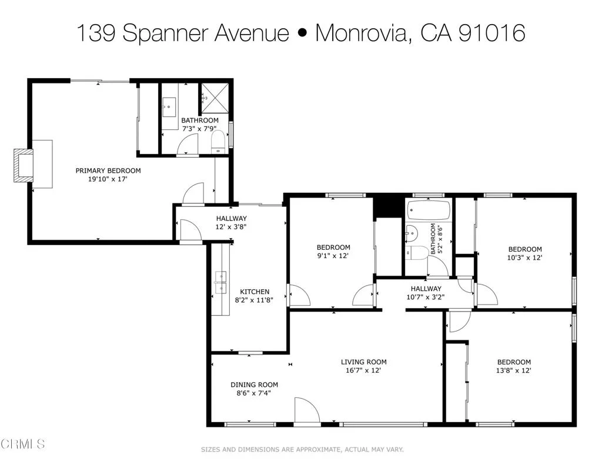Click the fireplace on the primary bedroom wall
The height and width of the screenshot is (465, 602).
(x=23, y=165)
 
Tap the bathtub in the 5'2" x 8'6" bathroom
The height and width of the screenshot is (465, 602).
(x=429, y=210)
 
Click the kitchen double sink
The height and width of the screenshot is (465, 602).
(x=220, y=282)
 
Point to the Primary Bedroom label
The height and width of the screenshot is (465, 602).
(x=108, y=170)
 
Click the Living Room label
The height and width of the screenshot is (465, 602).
(x=363, y=362)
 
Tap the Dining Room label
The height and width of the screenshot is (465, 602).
(x=254, y=384)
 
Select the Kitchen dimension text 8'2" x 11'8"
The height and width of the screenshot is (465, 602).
(x=254, y=300)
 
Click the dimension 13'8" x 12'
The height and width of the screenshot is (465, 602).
(x=514, y=370)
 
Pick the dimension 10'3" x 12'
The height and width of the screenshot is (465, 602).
(x=524, y=257)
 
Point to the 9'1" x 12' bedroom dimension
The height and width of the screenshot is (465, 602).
(x=333, y=256)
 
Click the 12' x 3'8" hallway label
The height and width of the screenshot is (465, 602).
(x=230, y=227)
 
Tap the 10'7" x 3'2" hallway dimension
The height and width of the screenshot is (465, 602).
(x=426, y=297)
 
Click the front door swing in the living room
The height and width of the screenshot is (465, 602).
(x=307, y=411)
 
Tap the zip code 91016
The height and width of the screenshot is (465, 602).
(x=492, y=33)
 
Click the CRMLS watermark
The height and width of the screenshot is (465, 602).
(x=23, y=444)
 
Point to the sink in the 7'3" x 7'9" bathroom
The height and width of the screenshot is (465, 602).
(x=169, y=107)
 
